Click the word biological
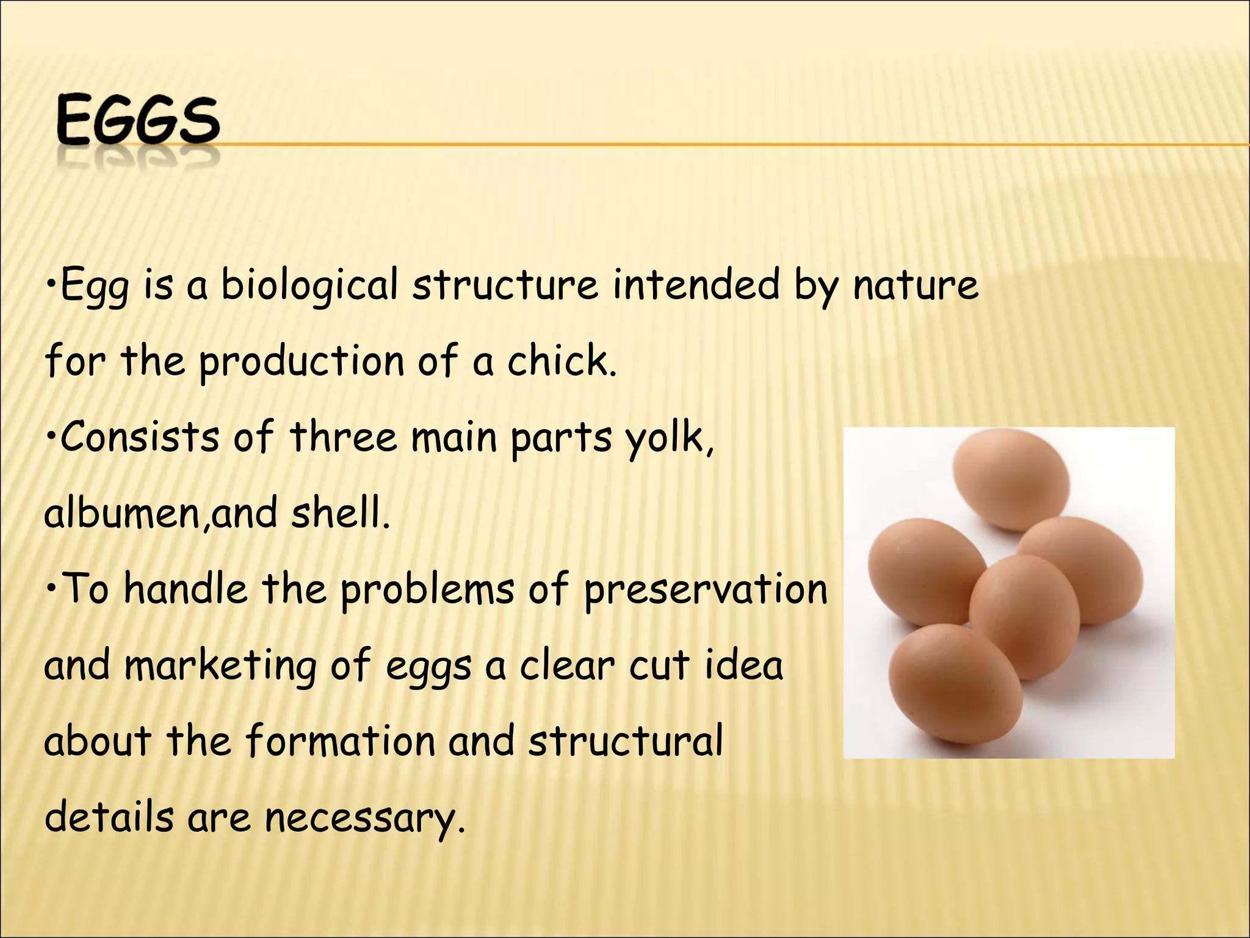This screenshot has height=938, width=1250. pos(309,286)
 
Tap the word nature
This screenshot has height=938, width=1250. pos(915,286)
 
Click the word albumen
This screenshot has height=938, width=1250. pos(122,513)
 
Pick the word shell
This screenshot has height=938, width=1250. pos(339,513)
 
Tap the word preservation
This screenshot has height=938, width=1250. pos(705,590)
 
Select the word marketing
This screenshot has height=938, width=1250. pos(220,666)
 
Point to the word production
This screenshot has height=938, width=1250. pos(302,362)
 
